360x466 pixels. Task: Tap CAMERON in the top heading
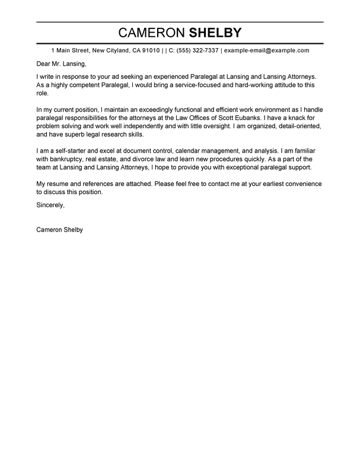coord(150,32)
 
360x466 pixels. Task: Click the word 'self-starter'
coord(69,151)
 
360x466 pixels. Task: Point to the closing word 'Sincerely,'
coord(50,205)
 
